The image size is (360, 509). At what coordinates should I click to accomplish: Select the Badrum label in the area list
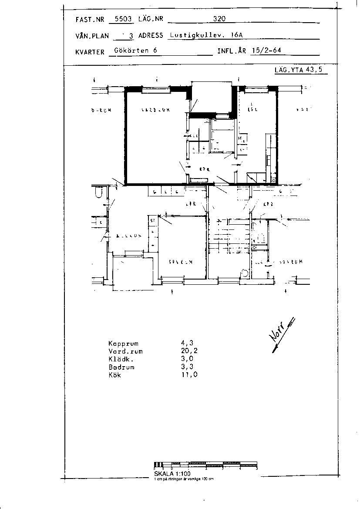tap(121, 367)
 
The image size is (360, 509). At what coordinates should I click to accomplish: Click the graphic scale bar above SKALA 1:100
tap(206, 465)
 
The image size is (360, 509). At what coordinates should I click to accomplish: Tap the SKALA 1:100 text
tap(172, 474)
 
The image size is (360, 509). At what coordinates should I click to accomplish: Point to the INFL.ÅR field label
tap(232, 51)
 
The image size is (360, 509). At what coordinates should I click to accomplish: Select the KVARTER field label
tap(90, 51)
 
